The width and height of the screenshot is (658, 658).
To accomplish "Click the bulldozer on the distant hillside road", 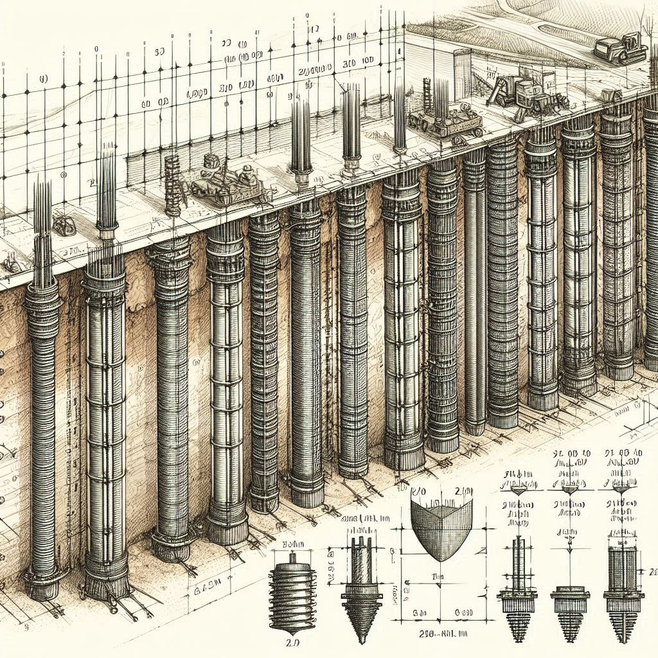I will click(x=619, y=50).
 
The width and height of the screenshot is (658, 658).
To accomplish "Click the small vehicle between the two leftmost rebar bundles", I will click(x=65, y=224).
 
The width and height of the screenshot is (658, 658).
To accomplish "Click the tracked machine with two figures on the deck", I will click(x=225, y=183).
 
